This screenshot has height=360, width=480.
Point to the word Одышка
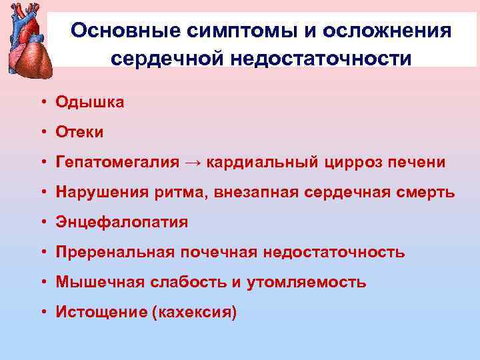pos(90,102)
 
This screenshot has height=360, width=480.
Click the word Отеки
pos(80,132)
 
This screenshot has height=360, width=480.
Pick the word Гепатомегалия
pos(118,162)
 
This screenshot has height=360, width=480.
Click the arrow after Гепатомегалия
pos(193,162)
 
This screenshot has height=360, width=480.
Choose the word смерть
pos(426,192)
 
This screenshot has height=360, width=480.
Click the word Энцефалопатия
pos(122,222)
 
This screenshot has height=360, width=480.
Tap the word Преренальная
pos(115,252)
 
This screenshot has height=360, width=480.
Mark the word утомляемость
pos(306,282)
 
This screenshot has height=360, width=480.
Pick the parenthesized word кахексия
pos(195,312)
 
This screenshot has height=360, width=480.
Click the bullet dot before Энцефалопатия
pos(42,223)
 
